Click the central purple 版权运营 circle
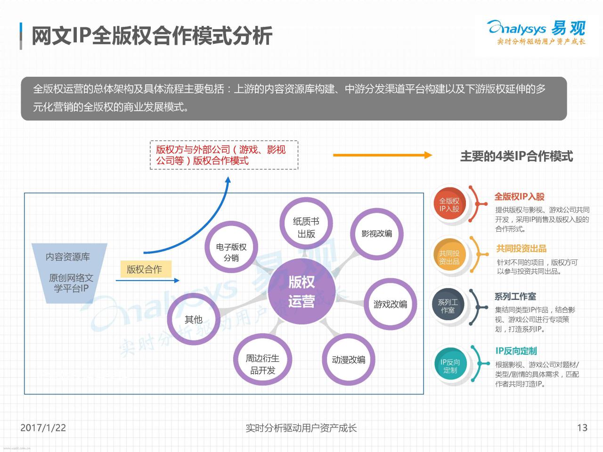301,291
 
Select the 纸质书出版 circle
306,223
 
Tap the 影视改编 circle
376,234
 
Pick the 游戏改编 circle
390,304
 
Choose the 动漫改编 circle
348,360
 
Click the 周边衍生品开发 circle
262,360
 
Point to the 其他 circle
194,319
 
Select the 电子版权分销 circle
231,247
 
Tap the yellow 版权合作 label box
146,269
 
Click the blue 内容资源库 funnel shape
69,273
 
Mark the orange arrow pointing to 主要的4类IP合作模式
383,155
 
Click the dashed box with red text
224,155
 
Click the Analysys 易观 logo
536,32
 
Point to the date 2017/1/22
43,428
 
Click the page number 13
582,428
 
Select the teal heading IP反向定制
516,351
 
